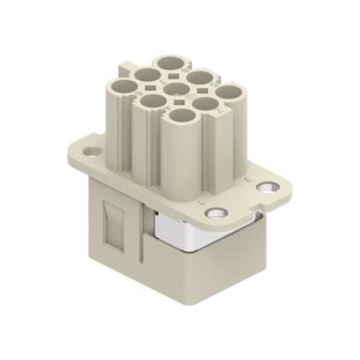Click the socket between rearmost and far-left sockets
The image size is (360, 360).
(146, 74)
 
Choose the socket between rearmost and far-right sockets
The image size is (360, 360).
(200, 76)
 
